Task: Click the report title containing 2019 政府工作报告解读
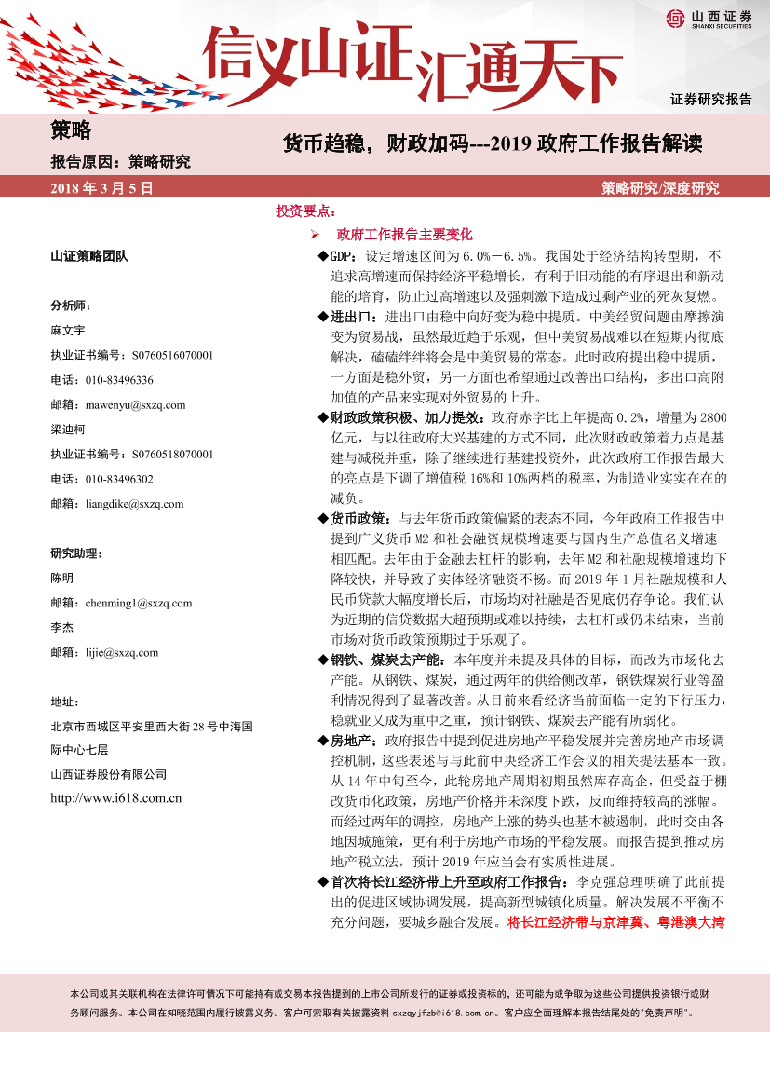coord(492,144)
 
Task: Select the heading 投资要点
coord(305,211)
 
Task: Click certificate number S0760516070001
coord(169,355)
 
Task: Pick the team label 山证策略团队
coord(89,255)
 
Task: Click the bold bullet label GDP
coord(344,255)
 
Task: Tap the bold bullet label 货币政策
coord(364,518)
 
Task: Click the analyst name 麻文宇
coord(68,330)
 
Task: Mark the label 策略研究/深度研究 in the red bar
coord(660,188)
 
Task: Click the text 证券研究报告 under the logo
coord(710,100)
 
